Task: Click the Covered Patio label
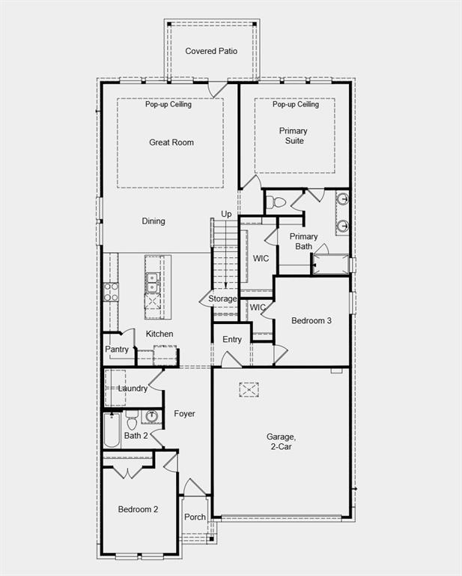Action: coord(212,51)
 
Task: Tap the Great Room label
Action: coord(171,142)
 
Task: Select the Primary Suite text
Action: coord(294,136)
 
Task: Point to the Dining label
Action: coord(154,221)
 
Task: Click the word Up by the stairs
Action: coord(226,214)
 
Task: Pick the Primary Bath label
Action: coord(304,241)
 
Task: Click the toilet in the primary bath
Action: coord(276,202)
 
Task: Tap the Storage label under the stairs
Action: coord(222,299)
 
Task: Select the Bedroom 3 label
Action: coord(311,320)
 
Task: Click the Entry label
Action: coord(232,340)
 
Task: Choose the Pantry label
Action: coord(117,349)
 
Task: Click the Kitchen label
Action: coord(159,334)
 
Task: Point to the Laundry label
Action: coord(133,388)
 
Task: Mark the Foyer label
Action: coord(184,414)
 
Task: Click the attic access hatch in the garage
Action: coord(249,389)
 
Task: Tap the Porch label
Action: coord(195,517)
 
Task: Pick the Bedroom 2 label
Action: coord(138,509)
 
